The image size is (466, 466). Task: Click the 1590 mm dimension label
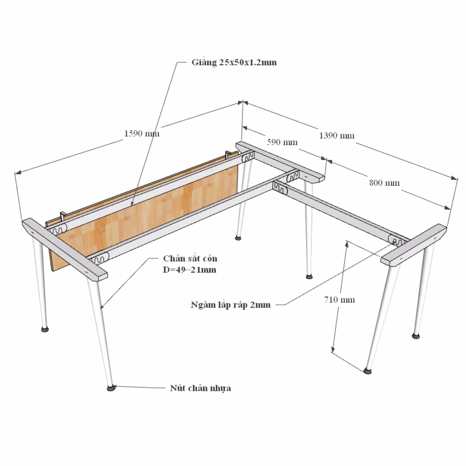click(142, 133)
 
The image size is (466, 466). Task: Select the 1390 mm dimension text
click(337, 136)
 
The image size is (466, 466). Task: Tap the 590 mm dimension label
click(282, 142)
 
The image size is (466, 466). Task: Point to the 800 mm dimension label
click(384, 183)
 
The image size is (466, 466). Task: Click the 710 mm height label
click(339, 299)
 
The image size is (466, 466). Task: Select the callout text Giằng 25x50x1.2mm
click(234, 62)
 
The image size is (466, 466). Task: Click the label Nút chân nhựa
click(200, 388)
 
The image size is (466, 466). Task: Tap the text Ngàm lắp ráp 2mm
click(231, 305)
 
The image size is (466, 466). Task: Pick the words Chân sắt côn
click(190, 258)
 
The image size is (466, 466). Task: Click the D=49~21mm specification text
click(190, 270)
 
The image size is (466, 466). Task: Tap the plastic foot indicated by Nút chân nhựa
click(111, 388)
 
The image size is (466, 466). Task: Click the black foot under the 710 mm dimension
click(368, 370)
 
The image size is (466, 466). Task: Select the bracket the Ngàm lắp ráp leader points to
click(396, 240)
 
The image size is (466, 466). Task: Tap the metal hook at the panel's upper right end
click(228, 154)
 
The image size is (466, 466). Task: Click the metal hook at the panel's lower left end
click(63, 216)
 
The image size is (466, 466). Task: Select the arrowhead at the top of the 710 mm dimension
click(347, 244)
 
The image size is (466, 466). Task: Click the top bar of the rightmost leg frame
click(413, 245)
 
